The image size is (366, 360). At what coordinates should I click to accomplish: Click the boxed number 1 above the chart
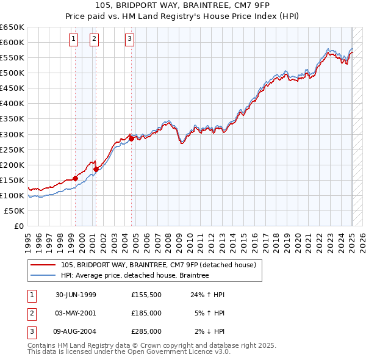(x=73, y=40)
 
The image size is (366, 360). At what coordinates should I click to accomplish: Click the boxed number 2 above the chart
(x=95, y=40)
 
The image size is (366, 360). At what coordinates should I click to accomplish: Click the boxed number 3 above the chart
(x=130, y=40)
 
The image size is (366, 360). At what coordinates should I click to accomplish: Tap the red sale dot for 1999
(x=76, y=178)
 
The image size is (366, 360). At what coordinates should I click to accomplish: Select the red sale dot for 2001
(x=96, y=169)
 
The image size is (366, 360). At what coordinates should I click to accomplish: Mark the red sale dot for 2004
(x=131, y=139)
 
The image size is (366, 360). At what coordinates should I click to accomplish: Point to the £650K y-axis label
(x=12, y=27)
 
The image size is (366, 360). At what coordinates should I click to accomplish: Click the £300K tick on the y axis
(x=12, y=134)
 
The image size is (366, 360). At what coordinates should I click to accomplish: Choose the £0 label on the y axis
(x=19, y=226)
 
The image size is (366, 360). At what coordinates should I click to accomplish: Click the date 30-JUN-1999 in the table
(x=76, y=294)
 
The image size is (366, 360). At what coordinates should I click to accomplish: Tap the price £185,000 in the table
(x=146, y=312)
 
